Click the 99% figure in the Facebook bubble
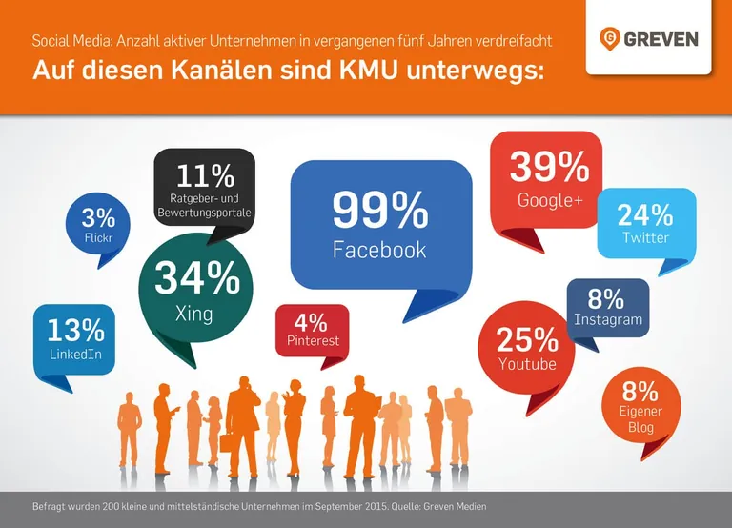[379, 212]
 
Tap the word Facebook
[379, 251]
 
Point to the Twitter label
[646, 237]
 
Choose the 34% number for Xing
[197, 277]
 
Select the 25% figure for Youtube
[527, 338]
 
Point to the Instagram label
[608, 320]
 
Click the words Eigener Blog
[640, 419]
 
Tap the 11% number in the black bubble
[205, 176]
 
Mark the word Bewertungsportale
[205, 212]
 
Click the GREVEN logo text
[661, 39]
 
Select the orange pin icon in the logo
[610, 39]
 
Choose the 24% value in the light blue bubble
[646, 214]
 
